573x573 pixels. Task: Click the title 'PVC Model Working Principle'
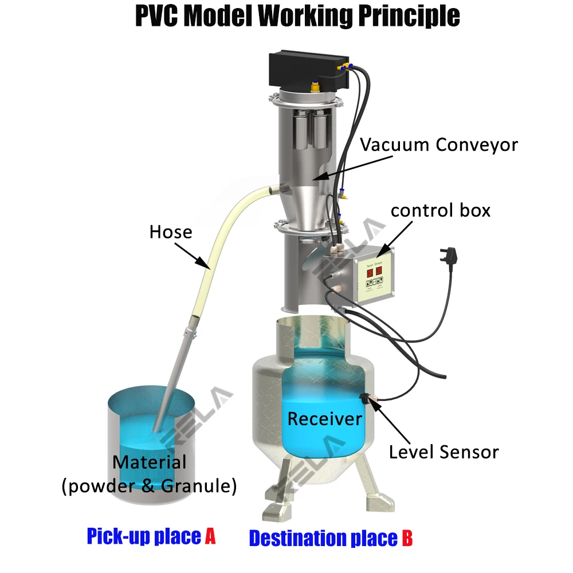click(x=297, y=17)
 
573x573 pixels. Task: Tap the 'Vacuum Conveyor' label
click(x=438, y=144)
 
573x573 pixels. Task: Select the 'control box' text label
click(x=440, y=210)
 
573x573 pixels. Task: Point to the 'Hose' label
click(x=170, y=231)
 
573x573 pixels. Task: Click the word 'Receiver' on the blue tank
click(x=324, y=418)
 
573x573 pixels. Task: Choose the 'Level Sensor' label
click(x=444, y=452)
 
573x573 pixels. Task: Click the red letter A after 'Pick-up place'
click(x=210, y=536)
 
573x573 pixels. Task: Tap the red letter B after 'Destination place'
click(x=406, y=538)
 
